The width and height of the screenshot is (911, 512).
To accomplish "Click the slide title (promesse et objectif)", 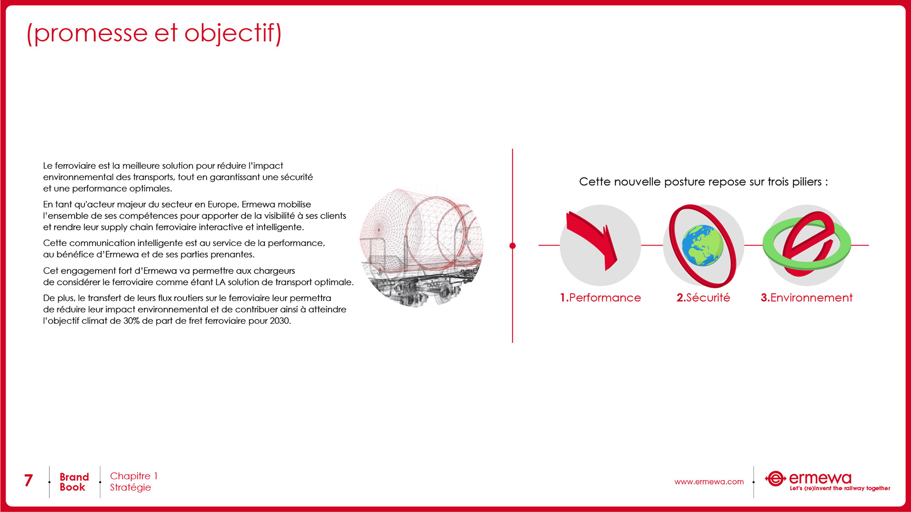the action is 154,33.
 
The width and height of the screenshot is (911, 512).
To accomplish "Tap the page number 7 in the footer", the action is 28,481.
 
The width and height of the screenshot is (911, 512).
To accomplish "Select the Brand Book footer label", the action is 74,482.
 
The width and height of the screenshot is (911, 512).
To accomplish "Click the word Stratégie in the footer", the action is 130,488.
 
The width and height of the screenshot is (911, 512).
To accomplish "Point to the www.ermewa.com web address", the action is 709,482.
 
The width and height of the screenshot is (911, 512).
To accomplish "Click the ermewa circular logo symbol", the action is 775,479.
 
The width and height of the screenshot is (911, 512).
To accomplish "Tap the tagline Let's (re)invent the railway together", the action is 840,488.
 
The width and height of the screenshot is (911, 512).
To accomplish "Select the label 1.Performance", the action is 600,298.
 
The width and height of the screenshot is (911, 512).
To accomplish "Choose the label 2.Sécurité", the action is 703,298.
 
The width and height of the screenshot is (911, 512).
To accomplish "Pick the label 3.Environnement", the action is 807,298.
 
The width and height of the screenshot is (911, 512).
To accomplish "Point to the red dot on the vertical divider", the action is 512,246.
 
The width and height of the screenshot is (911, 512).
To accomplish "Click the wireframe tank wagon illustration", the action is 421,247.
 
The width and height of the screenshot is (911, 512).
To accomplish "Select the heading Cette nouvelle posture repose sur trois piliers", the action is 703,182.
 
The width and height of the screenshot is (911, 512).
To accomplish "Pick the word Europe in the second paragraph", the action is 223,205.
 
